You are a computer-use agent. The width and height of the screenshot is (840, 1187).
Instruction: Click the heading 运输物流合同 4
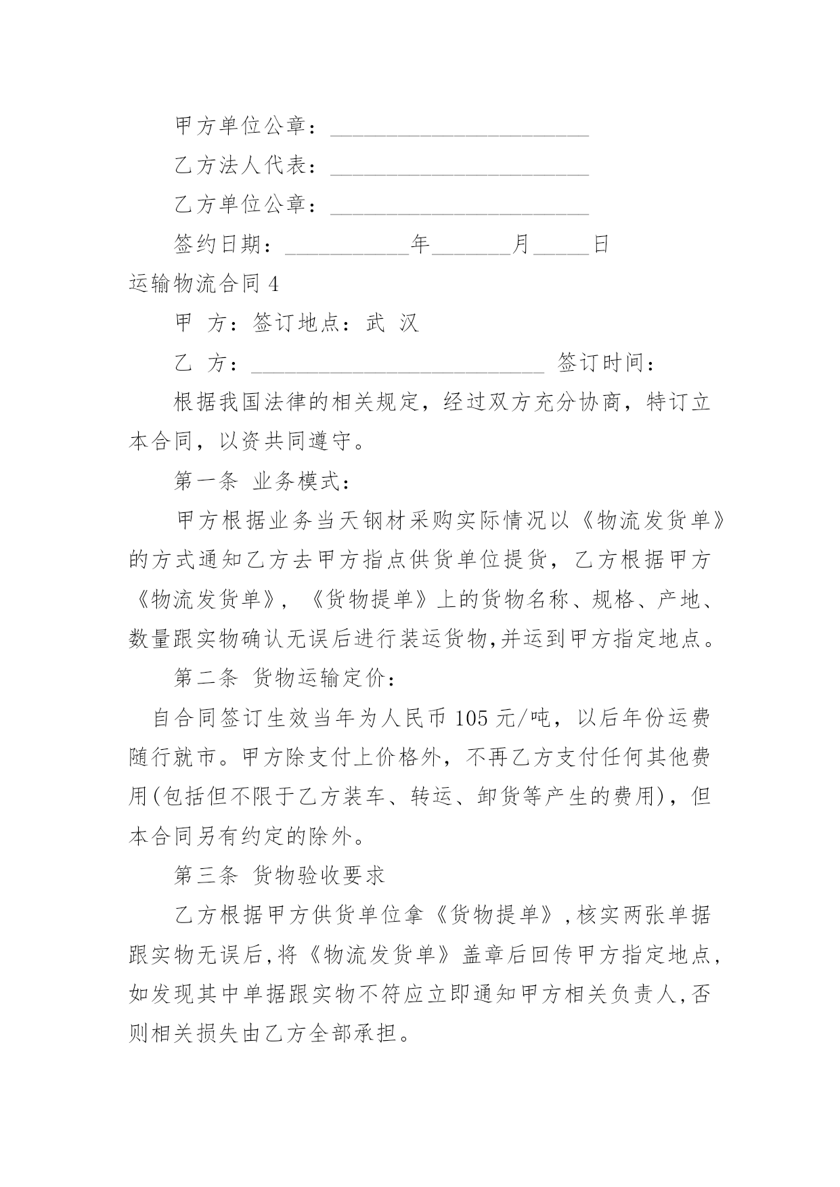click(x=204, y=284)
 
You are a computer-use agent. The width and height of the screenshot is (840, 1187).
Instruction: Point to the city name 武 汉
click(x=393, y=323)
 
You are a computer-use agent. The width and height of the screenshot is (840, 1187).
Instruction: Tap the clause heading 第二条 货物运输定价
click(x=284, y=678)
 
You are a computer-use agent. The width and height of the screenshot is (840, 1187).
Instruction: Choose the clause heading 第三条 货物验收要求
click(x=280, y=876)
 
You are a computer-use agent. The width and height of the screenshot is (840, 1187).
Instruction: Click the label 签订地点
click(x=298, y=323)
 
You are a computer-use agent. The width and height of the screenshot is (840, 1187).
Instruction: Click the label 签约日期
click(x=218, y=244)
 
